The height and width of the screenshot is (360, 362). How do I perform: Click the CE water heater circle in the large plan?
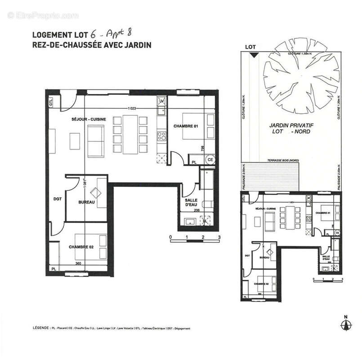(x=210, y=160)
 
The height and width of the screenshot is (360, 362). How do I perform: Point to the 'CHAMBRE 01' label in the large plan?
(x=186, y=126)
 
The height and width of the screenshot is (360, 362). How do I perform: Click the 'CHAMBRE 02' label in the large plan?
(x=81, y=247)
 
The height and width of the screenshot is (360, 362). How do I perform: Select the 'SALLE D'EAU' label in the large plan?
(x=192, y=203)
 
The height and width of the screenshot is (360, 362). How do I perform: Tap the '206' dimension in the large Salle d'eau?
(x=196, y=210)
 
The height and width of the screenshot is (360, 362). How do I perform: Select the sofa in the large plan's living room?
(x=96, y=139)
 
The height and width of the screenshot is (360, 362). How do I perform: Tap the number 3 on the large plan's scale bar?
(x=219, y=237)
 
